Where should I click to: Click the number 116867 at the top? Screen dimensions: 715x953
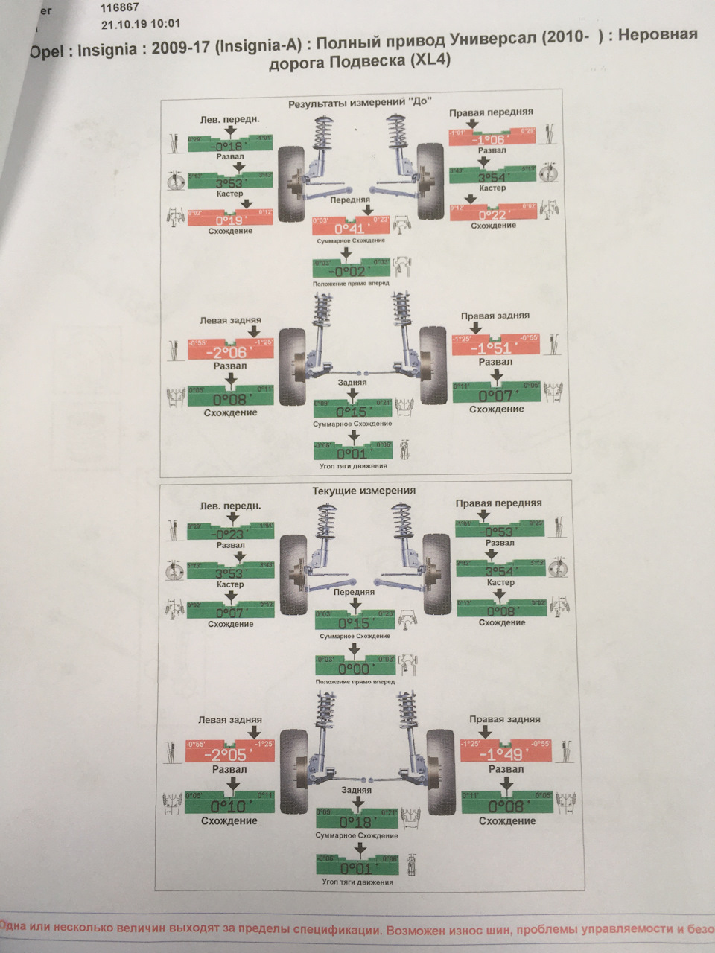pyautogui.click(x=121, y=8)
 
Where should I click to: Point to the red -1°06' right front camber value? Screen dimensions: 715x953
pyautogui.click(x=491, y=139)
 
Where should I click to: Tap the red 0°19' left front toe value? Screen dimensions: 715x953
pyautogui.click(x=231, y=220)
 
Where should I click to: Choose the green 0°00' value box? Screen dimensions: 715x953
pyautogui.click(x=355, y=669)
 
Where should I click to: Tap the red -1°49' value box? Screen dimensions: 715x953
pyautogui.click(x=506, y=754)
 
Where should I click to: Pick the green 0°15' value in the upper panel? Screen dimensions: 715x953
pyautogui.click(x=354, y=412)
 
